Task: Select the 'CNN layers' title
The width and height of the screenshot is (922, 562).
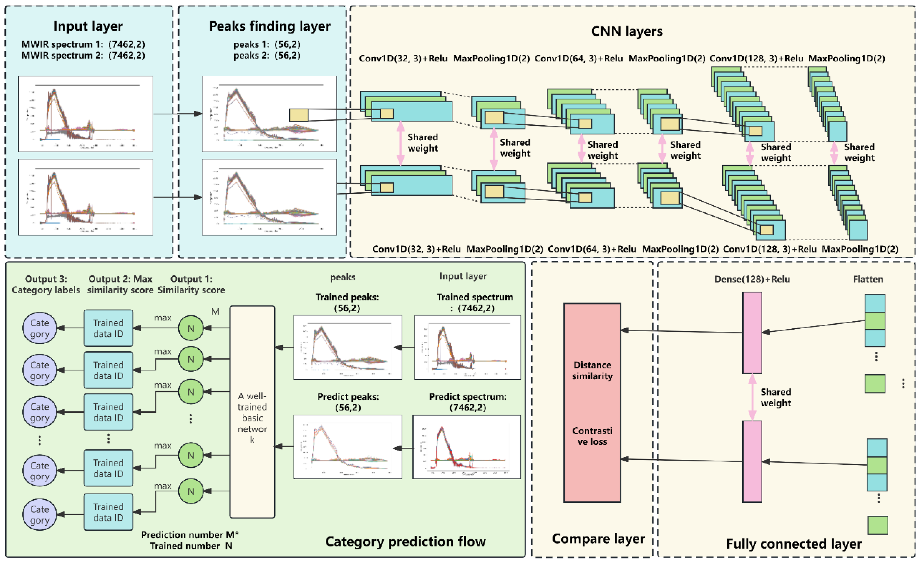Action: click(x=627, y=31)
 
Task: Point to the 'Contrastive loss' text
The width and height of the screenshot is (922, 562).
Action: click(x=592, y=436)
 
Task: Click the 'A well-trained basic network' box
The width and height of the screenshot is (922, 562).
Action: click(x=252, y=412)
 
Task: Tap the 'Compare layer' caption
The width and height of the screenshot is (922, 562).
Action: click(x=598, y=538)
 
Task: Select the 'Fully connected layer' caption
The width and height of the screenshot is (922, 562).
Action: click(x=794, y=544)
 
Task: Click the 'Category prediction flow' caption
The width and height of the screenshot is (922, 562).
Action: click(x=405, y=541)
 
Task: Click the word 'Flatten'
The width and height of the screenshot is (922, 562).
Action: click(x=868, y=279)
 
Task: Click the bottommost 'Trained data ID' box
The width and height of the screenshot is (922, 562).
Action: click(x=108, y=512)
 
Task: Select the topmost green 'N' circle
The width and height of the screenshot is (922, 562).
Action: click(x=191, y=328)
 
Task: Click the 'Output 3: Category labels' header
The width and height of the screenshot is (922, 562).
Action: click(x=46, y=284)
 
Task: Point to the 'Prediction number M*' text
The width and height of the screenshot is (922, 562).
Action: click(x=190, y=535)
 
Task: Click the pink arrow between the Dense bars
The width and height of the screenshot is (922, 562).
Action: click(x=752, y=397)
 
